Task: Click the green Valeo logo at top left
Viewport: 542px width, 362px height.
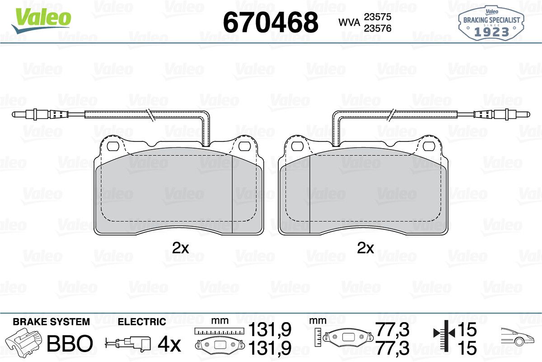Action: (42, 20)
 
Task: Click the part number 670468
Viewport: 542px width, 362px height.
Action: (271, 23)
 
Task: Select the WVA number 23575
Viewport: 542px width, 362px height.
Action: (378, 17)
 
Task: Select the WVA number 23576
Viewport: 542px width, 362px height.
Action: (378, 28)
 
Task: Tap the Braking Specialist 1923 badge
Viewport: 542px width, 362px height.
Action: (491, 23)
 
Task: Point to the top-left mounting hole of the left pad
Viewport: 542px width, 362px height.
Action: (113, 146)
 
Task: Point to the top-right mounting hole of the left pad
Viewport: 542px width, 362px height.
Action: (245, 146)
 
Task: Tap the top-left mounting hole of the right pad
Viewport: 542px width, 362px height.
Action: (297, 146)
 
